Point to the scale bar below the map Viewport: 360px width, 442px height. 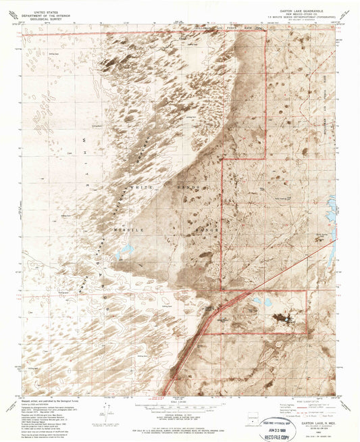point(179,407)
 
